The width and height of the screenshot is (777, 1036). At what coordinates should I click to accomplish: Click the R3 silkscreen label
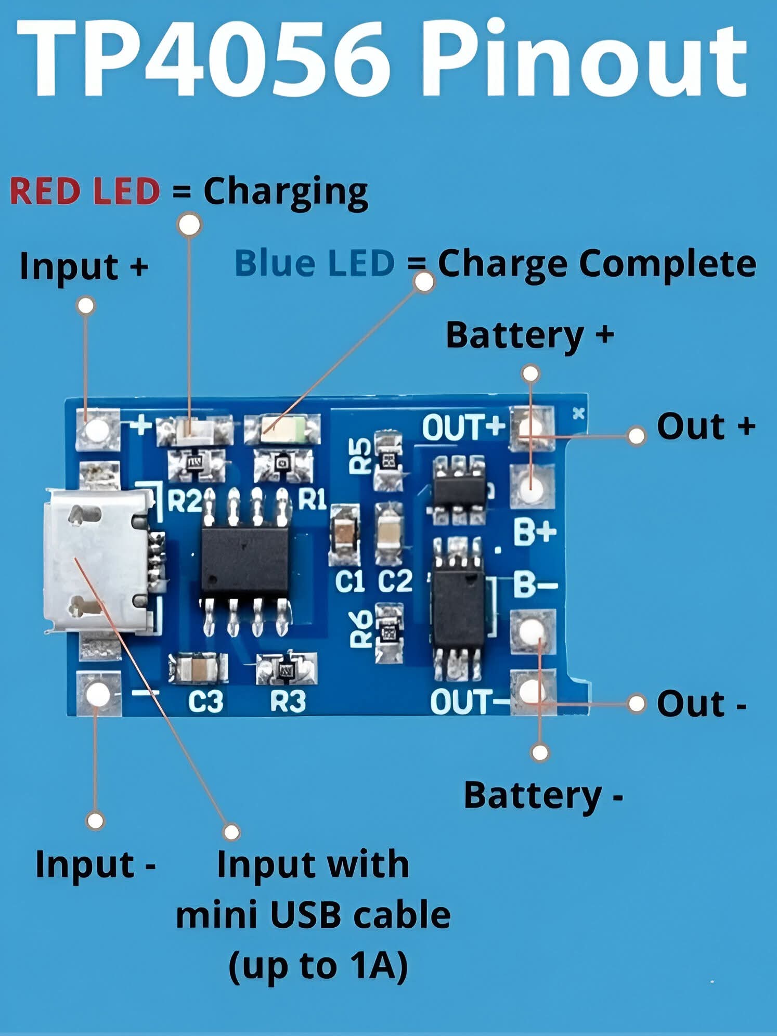click(288, 701)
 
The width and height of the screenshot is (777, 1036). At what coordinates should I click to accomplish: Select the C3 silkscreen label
click(205, 701)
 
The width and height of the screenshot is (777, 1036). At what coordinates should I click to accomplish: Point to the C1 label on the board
click(349, 581)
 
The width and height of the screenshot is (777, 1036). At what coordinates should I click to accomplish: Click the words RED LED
click(85, 191)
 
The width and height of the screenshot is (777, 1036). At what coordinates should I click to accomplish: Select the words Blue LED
click(314, 263)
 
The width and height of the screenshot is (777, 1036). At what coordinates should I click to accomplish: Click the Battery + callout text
click(529, 335)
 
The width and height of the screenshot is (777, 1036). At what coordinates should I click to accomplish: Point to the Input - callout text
click(96, 864)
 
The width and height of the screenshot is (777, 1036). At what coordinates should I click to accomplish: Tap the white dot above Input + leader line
click(86, 306)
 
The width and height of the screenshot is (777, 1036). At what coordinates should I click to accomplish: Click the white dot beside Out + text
click(637, 435)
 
